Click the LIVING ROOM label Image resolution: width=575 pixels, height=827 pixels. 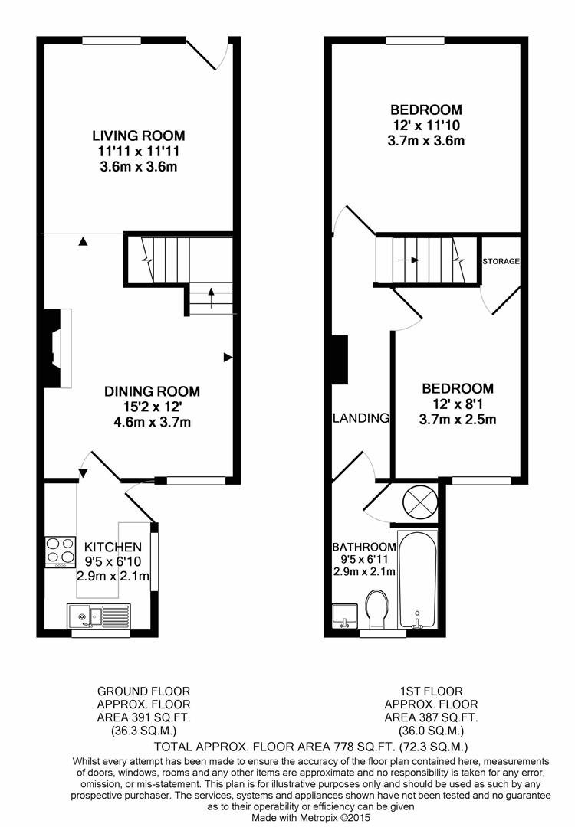tap(139, 136)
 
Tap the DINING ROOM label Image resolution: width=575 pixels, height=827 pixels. tap(152, 391)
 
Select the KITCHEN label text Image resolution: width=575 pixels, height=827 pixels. tap(113, 547)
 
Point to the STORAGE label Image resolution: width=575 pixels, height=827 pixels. tap(501, 261)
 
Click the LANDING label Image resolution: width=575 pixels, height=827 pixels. tap(361, 418)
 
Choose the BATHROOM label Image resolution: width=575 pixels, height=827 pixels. tap(364, 547)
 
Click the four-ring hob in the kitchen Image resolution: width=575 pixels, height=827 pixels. tap(60, 551)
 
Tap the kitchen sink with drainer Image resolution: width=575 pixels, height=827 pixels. tap(99, 616)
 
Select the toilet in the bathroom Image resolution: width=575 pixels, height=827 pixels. tap(377, 609)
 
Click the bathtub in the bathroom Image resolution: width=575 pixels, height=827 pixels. tap(417, 579)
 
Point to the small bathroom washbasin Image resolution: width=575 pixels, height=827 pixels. tap(345, 616)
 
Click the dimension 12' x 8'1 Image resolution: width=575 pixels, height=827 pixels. tap(457, 404)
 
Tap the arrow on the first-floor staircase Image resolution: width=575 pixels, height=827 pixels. tap(408, 260)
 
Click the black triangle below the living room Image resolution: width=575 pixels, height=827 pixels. tap(83, 241)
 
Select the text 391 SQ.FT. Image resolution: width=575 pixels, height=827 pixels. tap(157, 717)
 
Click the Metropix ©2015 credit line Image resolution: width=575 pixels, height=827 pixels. tap(311, 818)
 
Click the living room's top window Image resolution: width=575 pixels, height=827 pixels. tap(111, 40)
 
